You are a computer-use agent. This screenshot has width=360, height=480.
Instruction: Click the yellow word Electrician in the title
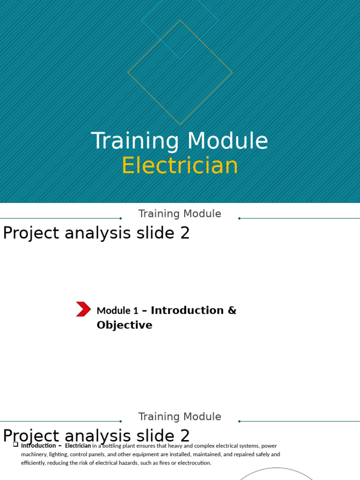click(x=180, y=166)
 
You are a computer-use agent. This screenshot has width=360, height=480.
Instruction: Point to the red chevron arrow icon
click(x=83, y=309)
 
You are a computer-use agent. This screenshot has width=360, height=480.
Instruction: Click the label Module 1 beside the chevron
click(x=117, y=311)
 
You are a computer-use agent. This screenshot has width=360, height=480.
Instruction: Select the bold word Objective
click(x=124, y=325)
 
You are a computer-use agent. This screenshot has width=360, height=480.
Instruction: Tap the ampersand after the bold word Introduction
click(x=232, y=310)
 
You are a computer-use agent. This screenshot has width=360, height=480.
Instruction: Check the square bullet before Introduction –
click(x=15, y=444)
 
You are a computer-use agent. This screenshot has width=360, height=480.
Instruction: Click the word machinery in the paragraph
click(x=33, y=454)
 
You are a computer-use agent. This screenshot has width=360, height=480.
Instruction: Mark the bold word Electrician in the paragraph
click(x=78, y=446)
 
